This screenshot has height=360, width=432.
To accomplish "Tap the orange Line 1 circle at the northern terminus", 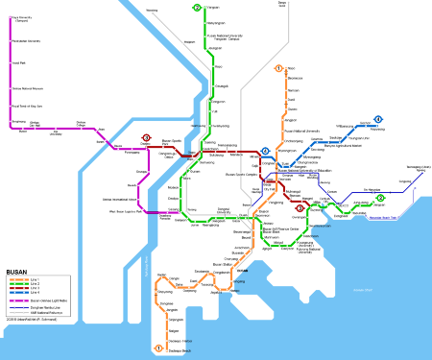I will [x=278, y=68].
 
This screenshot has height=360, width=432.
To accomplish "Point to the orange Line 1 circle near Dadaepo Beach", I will [x=158, y=348].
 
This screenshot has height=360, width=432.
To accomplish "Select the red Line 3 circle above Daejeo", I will [x=147, y=137].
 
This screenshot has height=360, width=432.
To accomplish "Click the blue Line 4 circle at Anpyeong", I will [x=378, y=120].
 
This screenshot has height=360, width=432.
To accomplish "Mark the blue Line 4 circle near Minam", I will [x=265, y=151].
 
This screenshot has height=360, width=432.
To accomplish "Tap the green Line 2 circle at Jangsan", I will [x=380, y=199].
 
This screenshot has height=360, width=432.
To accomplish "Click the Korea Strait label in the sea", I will [x=359, y=289].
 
